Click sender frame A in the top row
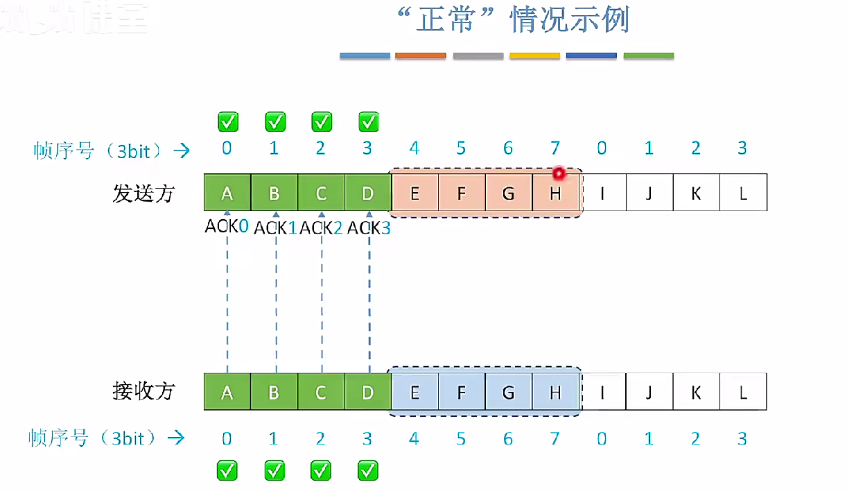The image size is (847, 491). click(x=227, y=193)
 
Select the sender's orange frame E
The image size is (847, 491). click(x=414, y=193)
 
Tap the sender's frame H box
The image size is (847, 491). click(x=555, y=193)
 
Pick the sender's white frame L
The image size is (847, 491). click(x=743, y=193)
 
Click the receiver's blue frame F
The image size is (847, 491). click(x=462, y=392)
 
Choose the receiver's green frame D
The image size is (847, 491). click(x=367, y=392)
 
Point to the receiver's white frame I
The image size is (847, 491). click(x=602, y=392)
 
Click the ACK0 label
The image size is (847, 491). click(x=227, y=226)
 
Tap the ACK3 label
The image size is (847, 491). click(x=369, y=227)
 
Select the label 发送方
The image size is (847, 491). click(x=143, y=193)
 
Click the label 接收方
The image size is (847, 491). click(x=143, y=391)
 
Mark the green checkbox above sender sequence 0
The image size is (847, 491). click(x=227, y=122)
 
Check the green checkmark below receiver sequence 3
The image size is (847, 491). click(x=367, y=470)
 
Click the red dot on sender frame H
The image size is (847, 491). click(x=559, y=173)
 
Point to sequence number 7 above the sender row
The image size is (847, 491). click(x=555, y=148)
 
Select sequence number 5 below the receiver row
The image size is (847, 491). click(x=461, y=438)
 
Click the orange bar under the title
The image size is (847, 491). click(x=420, y=55)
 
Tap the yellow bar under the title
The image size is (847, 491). click(x=534, y=55)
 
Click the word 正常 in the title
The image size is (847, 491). click(x=446, y=21)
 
